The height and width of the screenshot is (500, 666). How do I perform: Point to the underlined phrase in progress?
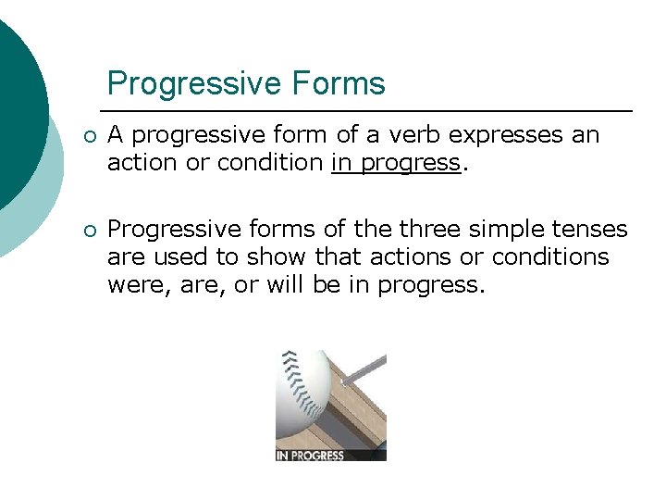coord(395,163)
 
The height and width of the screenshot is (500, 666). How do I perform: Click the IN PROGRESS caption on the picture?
coord(310,455)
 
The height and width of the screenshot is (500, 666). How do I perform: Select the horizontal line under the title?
coord(370,111)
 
